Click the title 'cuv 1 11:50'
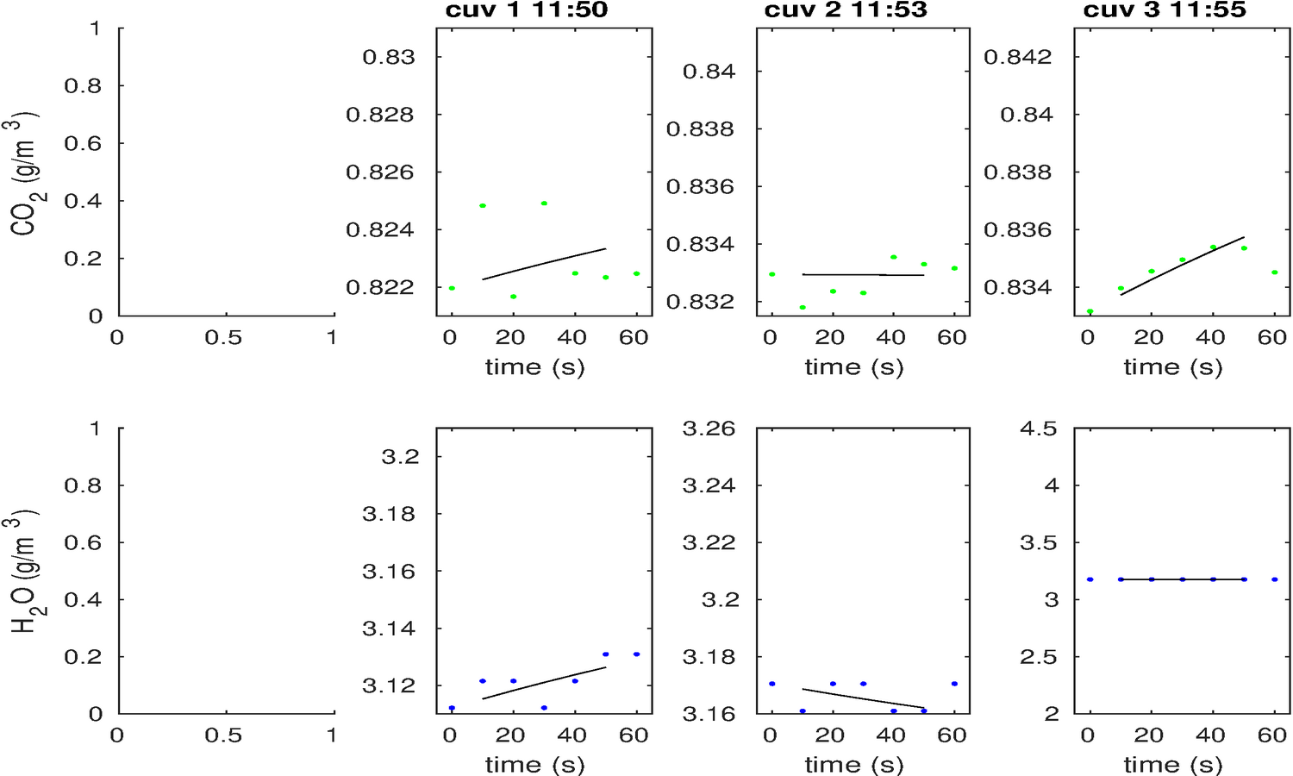(x=527, y=10)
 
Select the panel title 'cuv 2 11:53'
(x=846, y=10)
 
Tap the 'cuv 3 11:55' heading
(x=1165, y=10)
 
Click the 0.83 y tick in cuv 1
(x=389, y=57)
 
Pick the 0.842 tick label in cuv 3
(x=1018, y=57)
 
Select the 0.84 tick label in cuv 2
(x=709, y=72)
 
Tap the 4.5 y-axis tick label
(x=1038, y=429)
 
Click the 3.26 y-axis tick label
(x=709, y=429)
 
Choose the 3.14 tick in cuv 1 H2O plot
(x=389, y=629)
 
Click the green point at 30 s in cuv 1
(x=544, y=203)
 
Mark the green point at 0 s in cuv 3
(x=1090, y=311)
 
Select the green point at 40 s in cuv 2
(x=894, y=257)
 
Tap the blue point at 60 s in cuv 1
(x=636, y=654)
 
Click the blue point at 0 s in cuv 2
(x=772, y=684)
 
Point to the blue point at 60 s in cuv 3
(x=1275, y=579)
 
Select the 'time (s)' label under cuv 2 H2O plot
(x=854, y=765)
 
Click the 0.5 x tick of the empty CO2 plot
(x=223, y=338)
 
